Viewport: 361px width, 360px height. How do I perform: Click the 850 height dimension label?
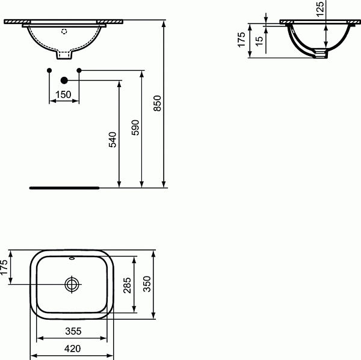coord(158,105)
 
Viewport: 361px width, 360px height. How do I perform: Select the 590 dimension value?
coord(135,128)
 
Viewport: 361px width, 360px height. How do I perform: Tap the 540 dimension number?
coord(113,139)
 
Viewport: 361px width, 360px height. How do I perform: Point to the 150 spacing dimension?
coord(63,94)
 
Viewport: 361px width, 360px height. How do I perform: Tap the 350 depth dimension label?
coord(148,284)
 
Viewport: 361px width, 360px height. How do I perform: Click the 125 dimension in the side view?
coord(320,8)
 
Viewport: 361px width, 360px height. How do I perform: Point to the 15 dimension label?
coord(259,41)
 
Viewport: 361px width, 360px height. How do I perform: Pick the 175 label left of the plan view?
coord(4,267)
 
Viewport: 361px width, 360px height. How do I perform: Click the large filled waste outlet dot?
coord(64,79)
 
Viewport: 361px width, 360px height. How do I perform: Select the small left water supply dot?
coord(49,71)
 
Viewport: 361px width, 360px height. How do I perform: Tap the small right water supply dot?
coord(79,71)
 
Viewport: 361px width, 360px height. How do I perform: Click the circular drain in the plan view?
coord(72,284)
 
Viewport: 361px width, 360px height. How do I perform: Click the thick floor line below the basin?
coord(64,187)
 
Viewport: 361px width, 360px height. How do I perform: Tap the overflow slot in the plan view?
coord(72,260)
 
